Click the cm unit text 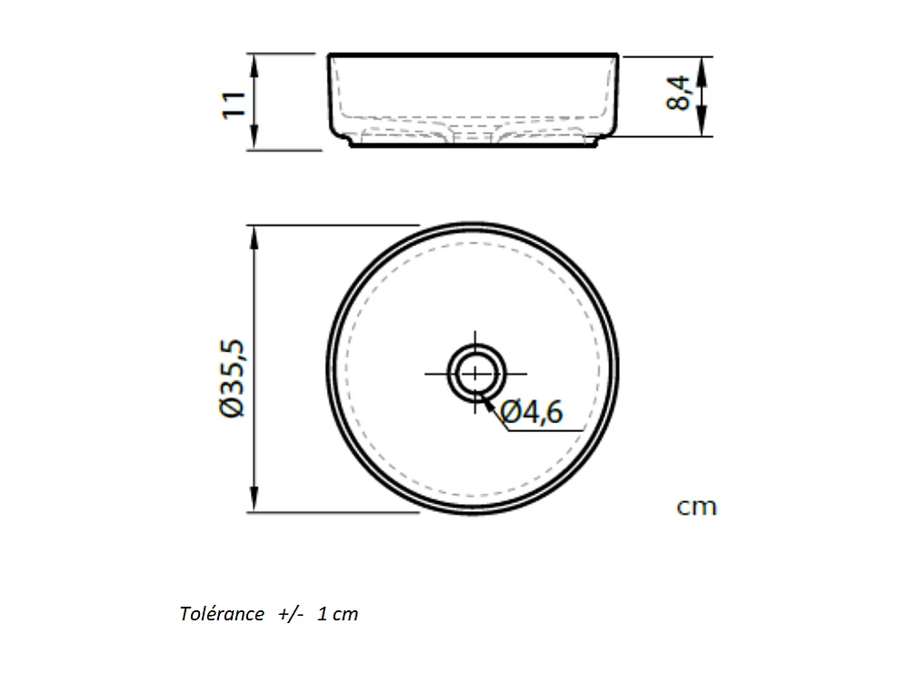[x=696, y=506]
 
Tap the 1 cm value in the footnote [x=337, y=614]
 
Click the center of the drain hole [x=474, y=372]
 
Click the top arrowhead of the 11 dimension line [x=255, y=63]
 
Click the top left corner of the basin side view [x=328, y=56]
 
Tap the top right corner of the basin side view [x=620, y=56]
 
